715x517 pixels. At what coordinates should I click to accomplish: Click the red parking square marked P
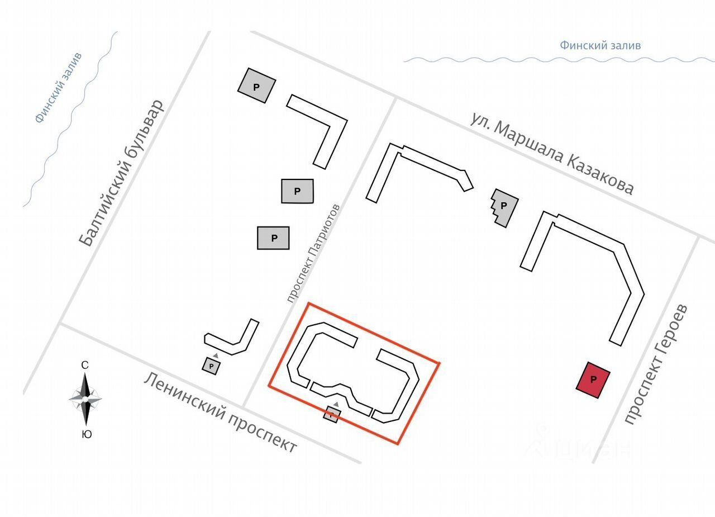(593, 380)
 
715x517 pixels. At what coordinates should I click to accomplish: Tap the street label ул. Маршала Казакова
(552, 153)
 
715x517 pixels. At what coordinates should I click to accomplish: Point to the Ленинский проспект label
(221, 412)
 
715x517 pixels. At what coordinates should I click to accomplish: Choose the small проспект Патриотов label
(313, 253)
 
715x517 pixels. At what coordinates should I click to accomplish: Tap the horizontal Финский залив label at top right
(600, 46)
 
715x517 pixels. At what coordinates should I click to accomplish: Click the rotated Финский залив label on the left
(58, 87)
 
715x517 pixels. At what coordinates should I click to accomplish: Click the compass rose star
(85, 399)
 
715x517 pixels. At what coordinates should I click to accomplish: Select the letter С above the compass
(85, 366)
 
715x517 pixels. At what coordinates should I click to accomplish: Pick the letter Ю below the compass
(87, 434)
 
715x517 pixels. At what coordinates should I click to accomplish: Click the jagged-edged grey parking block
(504, 207)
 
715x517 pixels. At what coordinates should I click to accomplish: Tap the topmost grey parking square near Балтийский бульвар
(256, 86)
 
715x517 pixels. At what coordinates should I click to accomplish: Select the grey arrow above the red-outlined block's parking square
(336, 404)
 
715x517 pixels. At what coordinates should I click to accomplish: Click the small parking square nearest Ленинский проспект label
(211, 366)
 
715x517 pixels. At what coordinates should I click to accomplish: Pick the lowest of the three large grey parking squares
(273, 238)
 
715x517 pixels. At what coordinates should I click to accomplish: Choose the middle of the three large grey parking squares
(297, 191)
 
